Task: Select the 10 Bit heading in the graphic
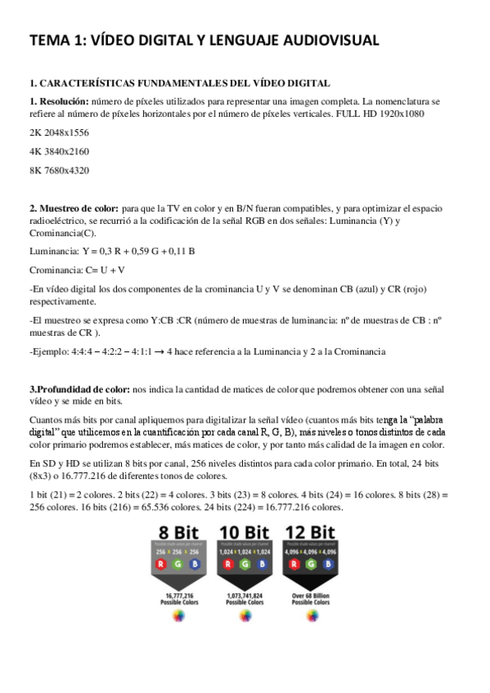[x=245, y=533]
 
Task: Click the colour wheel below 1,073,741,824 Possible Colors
[x=245, y=616]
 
